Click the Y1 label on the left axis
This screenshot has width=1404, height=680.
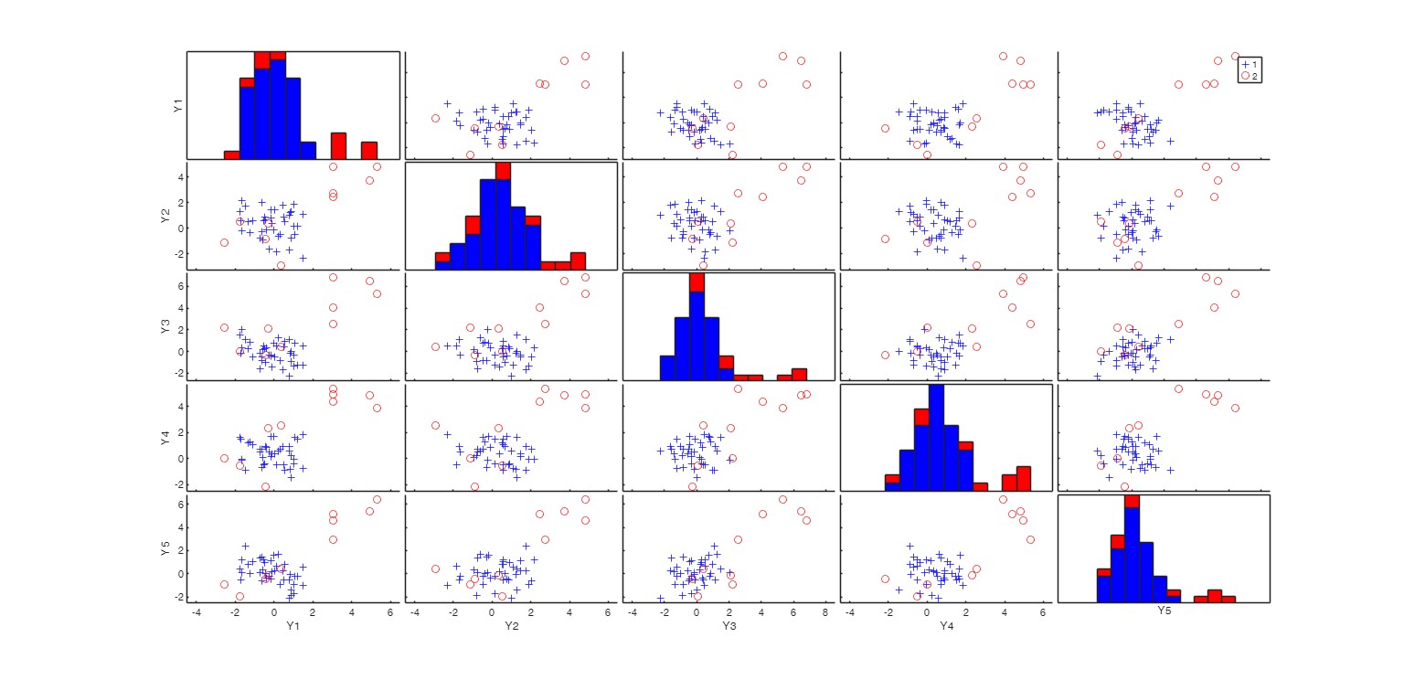(x=178, y=105)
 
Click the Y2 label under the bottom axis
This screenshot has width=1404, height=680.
(x=511, y=627)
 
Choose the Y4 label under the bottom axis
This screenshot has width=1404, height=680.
(x=946, y=627)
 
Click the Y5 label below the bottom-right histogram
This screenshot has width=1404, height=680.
(x=1165, y=609)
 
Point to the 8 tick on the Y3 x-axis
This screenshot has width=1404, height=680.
(x=825, y=612)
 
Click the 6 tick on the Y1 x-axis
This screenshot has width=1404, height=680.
(x=390, y=612)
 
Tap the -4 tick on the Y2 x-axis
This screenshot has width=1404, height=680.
(x=415, y=612)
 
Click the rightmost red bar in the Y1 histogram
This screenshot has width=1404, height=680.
(x=369, y=150)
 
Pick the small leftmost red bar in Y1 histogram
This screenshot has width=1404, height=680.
(x=231, y=154)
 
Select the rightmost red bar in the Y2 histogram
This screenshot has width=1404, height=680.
(x=578, y=260)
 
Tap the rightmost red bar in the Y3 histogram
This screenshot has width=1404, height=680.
(x=799, y=374)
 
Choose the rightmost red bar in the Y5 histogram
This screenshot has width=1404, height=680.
(x=1228, y=599)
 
